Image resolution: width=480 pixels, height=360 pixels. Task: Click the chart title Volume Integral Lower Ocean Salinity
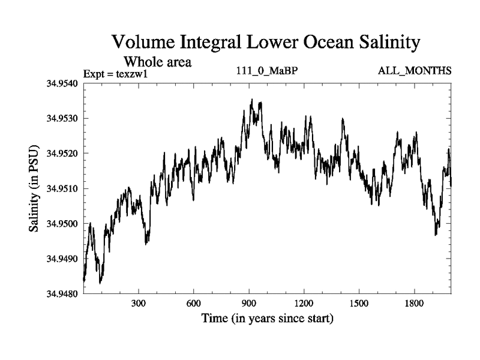(x=264, y=43)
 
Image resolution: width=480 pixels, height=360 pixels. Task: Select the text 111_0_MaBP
(x=268, y=71)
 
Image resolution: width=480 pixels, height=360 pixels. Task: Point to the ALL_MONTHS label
(x=414, y=71)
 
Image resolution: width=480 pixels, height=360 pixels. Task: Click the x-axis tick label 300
(x=139, y=304)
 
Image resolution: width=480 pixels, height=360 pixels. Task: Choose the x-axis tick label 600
(x=194, y=304)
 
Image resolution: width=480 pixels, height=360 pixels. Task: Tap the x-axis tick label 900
(x=249, y=304)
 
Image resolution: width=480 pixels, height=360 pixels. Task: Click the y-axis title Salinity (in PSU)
(x=34, y=188)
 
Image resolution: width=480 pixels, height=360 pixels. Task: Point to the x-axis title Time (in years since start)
(x=267, y=319)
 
